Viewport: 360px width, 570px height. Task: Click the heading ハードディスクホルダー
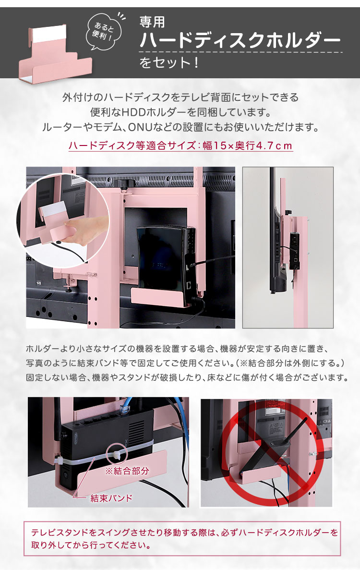(x=240, y=40)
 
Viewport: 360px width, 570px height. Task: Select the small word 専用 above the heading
(x=153, y=22)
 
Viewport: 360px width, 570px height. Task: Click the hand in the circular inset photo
(x=87, y=230)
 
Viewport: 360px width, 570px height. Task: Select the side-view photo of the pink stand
(x=288, y=247)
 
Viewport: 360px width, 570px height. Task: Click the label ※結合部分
(x=127, y=471)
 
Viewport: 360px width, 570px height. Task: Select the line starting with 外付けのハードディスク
(x=180, y=97)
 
